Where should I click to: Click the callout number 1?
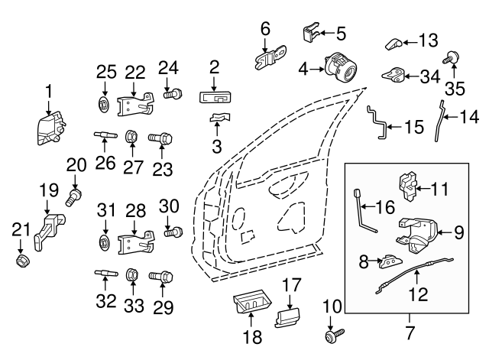tap(48, 92)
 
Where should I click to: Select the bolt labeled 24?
tap(173, 94)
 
